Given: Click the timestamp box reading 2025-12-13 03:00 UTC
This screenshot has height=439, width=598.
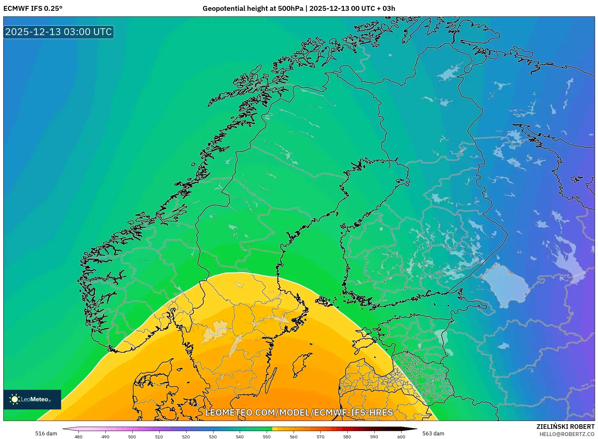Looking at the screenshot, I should click(x=58, y=32).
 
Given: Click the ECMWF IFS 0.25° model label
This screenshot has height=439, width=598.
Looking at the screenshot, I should click(x=33, y=8).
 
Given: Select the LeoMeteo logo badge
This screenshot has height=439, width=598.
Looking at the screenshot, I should click(x=32, y=399).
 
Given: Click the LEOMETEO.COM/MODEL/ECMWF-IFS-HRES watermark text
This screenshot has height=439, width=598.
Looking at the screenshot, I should click(x=299, y=412).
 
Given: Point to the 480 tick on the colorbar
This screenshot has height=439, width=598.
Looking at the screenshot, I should click(x=78, y=436).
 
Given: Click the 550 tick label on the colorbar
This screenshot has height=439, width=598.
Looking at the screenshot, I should click(x=267, y=436).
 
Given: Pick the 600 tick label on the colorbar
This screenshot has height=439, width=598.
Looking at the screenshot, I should click(x=401, y=436).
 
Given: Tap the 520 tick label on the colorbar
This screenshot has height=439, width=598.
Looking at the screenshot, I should click(x=186, y=436).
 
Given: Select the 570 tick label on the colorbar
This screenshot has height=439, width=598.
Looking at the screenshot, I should click(x=320, y=436).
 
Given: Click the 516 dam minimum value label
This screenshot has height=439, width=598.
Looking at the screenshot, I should click(x=46, y=433).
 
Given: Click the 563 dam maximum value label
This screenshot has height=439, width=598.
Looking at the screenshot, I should click(x=433, y=433).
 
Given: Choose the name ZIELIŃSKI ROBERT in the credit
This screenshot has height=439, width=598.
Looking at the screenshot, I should click(x=565, y=427).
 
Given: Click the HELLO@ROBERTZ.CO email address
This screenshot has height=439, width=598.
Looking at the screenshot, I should click(x=567, y=434).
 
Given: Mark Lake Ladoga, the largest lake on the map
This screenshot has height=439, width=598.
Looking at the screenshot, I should click(x=504, y=284).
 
